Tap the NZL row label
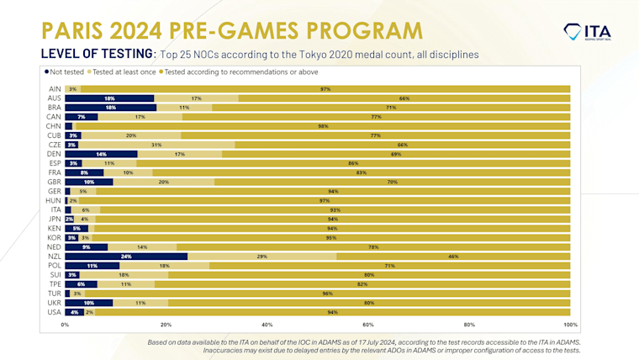53,256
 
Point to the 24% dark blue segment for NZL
126,256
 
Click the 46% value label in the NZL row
453,256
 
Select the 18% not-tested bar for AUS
109,98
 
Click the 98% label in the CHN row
323,126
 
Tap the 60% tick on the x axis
368,324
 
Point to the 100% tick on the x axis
570,324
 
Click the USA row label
53,312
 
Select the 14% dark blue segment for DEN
101,154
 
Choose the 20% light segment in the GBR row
164,181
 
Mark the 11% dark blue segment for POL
92,265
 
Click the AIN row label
54,89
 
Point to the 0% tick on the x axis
65,324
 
